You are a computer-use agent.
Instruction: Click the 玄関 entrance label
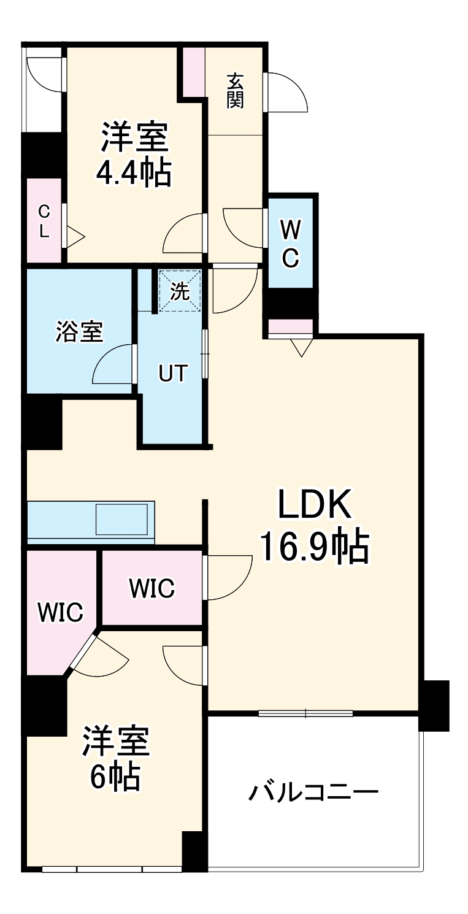(x=235, y=90)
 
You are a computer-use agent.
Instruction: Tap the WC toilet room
(x=291, y=244)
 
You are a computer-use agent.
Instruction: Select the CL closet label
(x=44, y=221)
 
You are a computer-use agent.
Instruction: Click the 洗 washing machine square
(x=179, y=291)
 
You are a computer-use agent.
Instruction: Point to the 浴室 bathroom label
(x=79, y=332)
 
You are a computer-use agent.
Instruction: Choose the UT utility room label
(x=172, y=373)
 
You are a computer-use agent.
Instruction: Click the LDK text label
(x=315, y=505)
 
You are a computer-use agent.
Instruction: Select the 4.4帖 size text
(x=133, y=172)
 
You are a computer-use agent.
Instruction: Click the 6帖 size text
(x=116, y=778)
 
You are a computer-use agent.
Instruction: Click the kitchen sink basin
(x=121, y=519)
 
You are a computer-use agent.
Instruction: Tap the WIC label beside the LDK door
(x=152, y=588)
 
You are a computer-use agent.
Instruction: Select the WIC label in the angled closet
(x=59, y=612)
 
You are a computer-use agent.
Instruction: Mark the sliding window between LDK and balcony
(x=305, y=713)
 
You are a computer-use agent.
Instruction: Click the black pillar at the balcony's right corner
(x=434, y=705)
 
